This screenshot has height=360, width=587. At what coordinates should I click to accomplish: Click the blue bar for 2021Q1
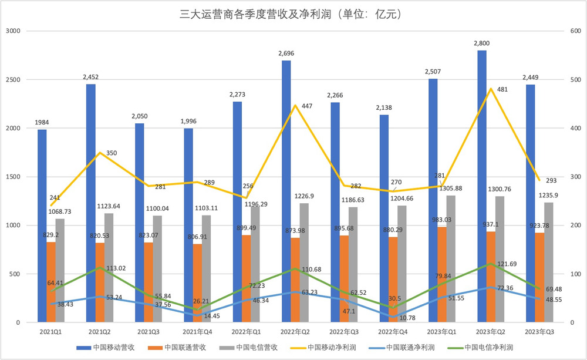(x=42, y=226)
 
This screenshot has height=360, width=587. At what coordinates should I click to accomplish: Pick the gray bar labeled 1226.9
(x=303, y=263)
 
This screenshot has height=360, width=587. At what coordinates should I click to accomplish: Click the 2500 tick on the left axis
(x=15, y=80)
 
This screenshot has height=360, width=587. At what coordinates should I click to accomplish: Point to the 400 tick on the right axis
(x=575, y=129)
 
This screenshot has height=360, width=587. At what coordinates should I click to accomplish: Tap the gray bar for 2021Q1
(x=60, y=271)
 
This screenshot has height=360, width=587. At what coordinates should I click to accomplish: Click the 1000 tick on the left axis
(x=15, y=226)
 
